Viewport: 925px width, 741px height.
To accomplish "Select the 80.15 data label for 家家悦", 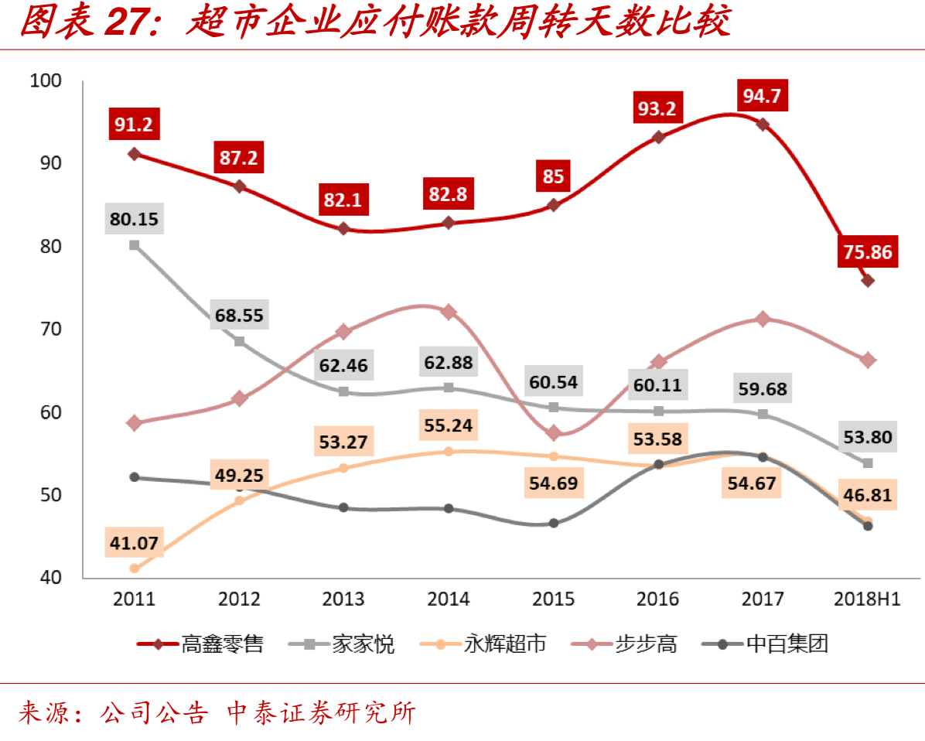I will [x=134, y=219].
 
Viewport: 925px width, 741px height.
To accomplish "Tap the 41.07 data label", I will [x=134, y=543].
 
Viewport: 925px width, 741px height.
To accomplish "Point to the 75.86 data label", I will [x=868, y=252].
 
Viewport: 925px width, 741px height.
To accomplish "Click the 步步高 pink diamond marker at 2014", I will [x=449, y=312].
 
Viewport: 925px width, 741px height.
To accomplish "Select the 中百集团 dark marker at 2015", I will [x=554, y=523].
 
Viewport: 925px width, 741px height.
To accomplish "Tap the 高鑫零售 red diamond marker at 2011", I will [x=134, y=154].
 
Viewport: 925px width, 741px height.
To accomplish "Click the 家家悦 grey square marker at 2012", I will [x=239, y=341].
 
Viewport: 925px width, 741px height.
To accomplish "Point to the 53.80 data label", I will [x=868, y=437].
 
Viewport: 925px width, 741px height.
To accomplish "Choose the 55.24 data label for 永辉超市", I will [x=449, y=425].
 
